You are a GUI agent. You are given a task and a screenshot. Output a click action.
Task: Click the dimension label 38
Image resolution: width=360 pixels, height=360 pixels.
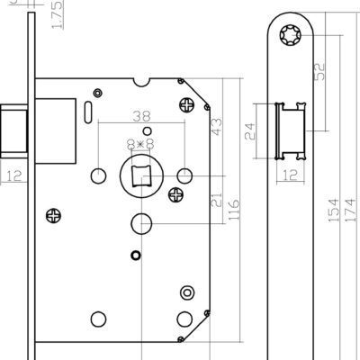[141, 116]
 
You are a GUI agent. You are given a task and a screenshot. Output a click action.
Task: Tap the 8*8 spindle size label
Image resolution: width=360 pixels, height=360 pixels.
[140, 144]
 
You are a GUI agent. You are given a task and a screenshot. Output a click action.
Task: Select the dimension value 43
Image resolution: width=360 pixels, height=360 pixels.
[217, 127]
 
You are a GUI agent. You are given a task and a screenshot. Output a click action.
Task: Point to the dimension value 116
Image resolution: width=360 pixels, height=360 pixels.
[234, 210]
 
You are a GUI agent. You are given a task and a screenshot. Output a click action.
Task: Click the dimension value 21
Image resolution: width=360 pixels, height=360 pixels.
[217, 200]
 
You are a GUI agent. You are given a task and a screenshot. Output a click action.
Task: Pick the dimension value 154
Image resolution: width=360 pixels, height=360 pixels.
[333, 210]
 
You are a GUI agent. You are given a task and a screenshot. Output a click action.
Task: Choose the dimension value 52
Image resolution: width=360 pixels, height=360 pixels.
[319, 71]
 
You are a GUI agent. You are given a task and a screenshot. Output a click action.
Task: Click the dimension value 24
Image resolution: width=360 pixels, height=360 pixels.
[250, 131]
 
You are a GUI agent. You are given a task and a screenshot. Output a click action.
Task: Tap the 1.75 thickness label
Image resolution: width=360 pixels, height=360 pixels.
[57, 14]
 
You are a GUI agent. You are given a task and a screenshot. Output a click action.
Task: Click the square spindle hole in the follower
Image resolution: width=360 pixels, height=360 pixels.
[140, 175]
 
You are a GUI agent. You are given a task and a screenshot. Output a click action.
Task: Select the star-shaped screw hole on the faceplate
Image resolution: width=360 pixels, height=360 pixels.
[291, 35]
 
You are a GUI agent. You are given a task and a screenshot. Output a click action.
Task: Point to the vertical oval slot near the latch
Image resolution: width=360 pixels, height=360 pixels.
[88, 112]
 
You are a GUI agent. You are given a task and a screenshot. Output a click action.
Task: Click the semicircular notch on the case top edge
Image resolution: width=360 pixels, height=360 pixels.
[141, 82]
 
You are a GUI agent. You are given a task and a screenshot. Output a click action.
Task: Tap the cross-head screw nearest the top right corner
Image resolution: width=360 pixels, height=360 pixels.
[186, 105]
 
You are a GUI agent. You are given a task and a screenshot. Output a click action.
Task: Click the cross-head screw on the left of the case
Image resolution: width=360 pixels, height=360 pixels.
[54, 216]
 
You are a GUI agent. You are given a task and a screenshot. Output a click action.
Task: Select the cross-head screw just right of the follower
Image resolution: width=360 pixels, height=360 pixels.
[176, 195]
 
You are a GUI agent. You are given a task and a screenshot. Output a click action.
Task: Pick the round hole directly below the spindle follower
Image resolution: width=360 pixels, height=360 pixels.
[141, 224]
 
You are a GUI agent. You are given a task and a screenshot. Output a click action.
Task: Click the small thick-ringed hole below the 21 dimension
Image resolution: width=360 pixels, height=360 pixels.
[136, 255]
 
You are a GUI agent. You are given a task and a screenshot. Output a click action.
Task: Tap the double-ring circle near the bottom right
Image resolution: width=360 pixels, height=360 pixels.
[187, 292]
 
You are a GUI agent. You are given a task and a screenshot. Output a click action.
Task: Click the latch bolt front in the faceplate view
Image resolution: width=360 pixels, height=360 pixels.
[291, 131]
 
